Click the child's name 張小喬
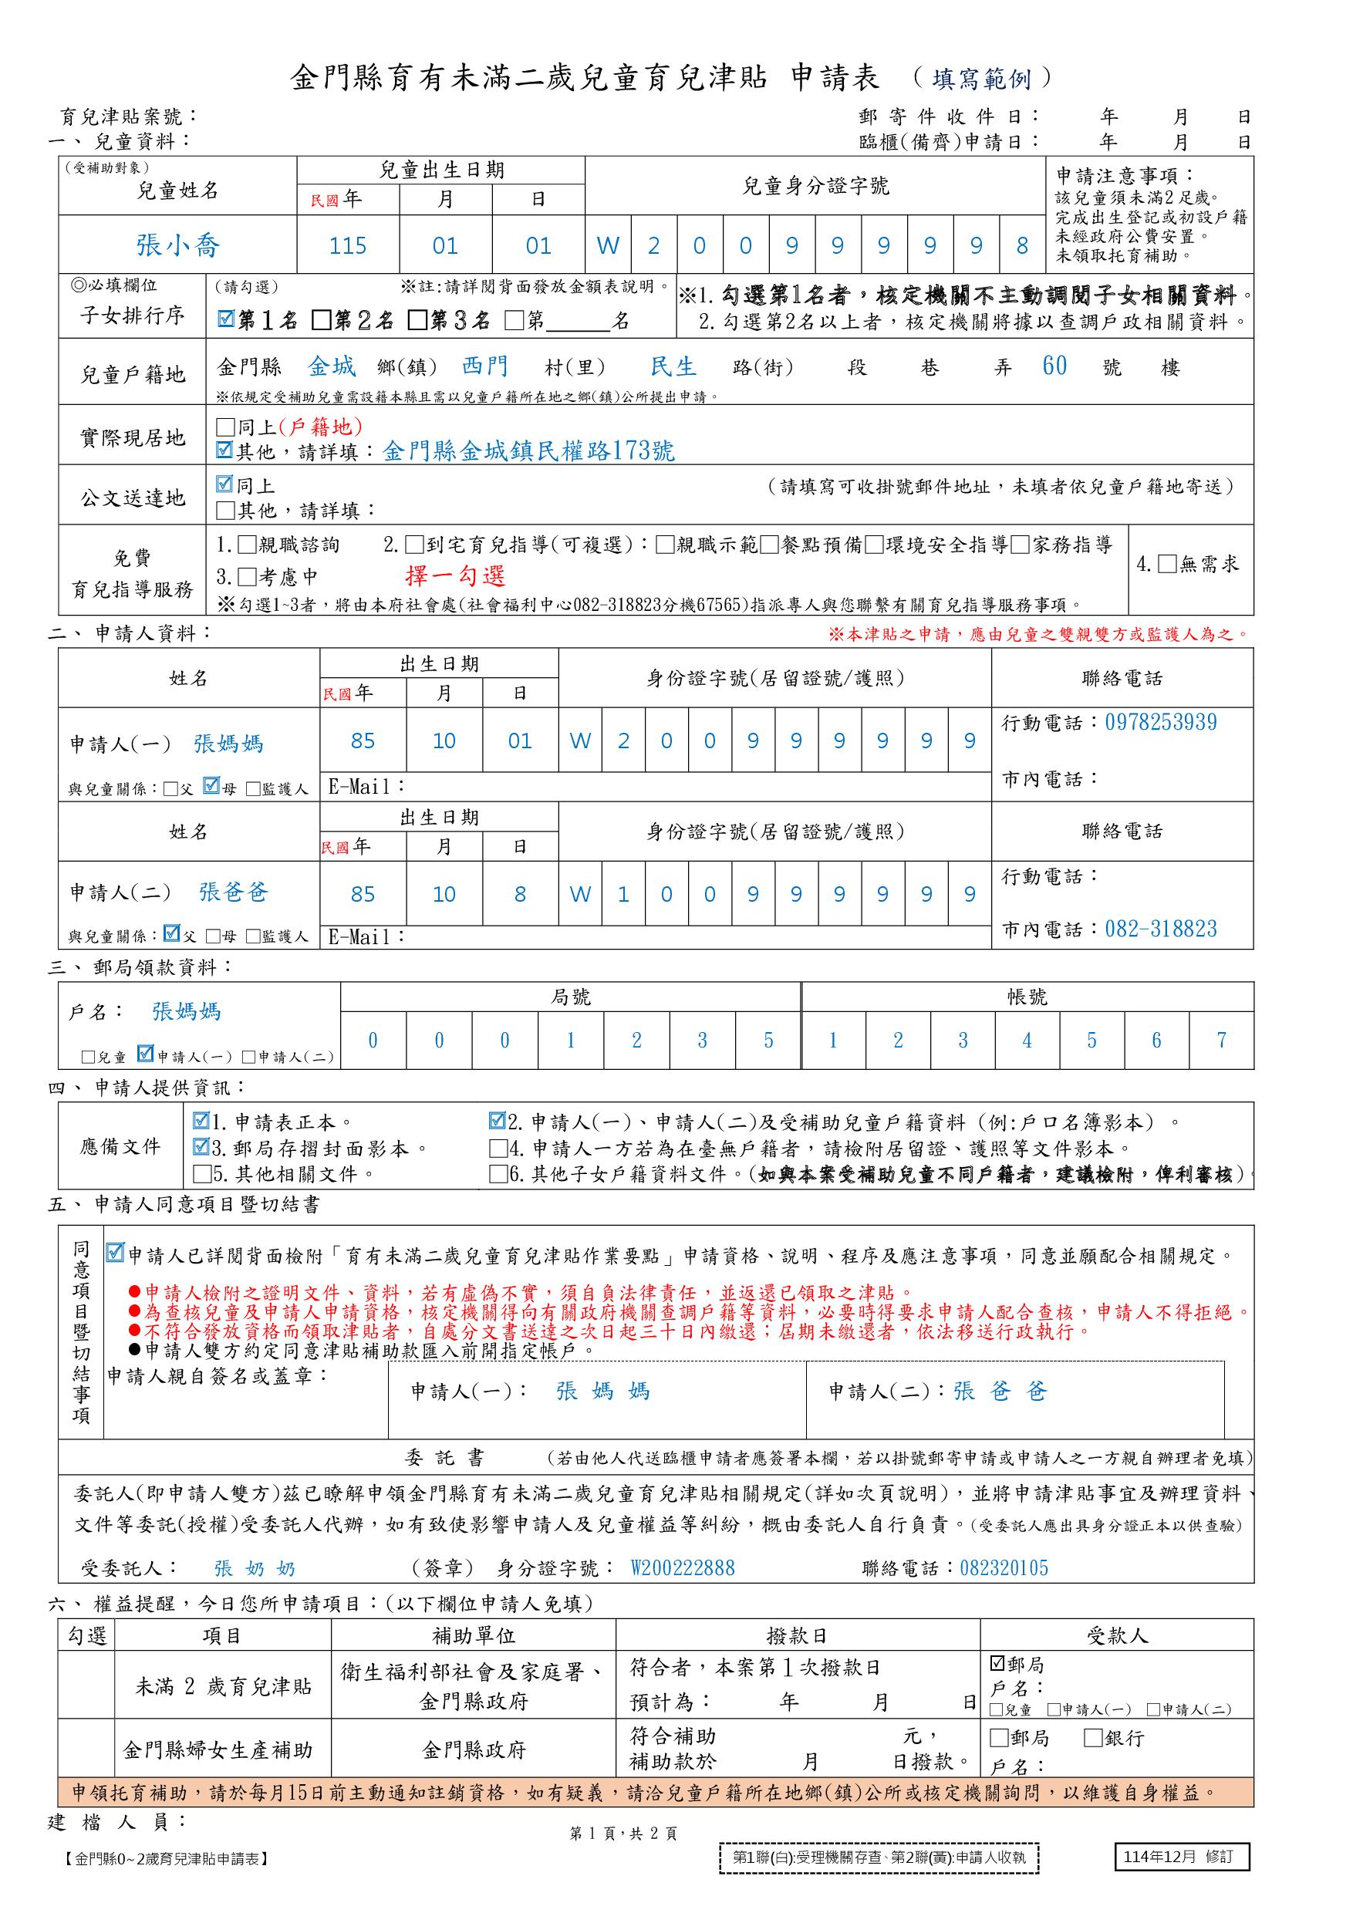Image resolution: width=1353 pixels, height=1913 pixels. click(177, 246)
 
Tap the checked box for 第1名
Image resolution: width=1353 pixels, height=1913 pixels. click(225, 320)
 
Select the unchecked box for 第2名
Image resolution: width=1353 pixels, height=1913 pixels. click(322, 320)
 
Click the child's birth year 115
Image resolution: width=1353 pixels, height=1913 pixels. click(347, 246)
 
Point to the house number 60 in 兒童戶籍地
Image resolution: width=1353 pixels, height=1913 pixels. click(1054, 366)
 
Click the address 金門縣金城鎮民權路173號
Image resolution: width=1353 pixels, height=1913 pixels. click(528, 451)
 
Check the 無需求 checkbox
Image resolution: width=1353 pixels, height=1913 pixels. click(1167, 564)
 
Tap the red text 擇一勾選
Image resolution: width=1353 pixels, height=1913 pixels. click(455, 575)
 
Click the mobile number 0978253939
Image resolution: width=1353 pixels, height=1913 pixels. click(1161, 722)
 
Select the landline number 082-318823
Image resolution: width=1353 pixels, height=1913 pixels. click(1161, 929)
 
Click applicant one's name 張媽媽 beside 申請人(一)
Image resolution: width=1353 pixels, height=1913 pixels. click(228, 743)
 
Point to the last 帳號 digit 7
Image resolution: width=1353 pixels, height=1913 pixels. click(1221, 1041)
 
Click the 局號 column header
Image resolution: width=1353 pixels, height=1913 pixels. click(571, 997)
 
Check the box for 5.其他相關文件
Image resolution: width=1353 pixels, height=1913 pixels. click(201, 1175)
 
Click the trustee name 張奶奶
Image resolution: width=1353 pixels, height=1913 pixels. click(255, 1569)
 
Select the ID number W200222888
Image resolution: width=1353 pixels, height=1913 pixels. click(683, 1569)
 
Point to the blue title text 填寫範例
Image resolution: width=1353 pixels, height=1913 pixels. click(981, 79)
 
